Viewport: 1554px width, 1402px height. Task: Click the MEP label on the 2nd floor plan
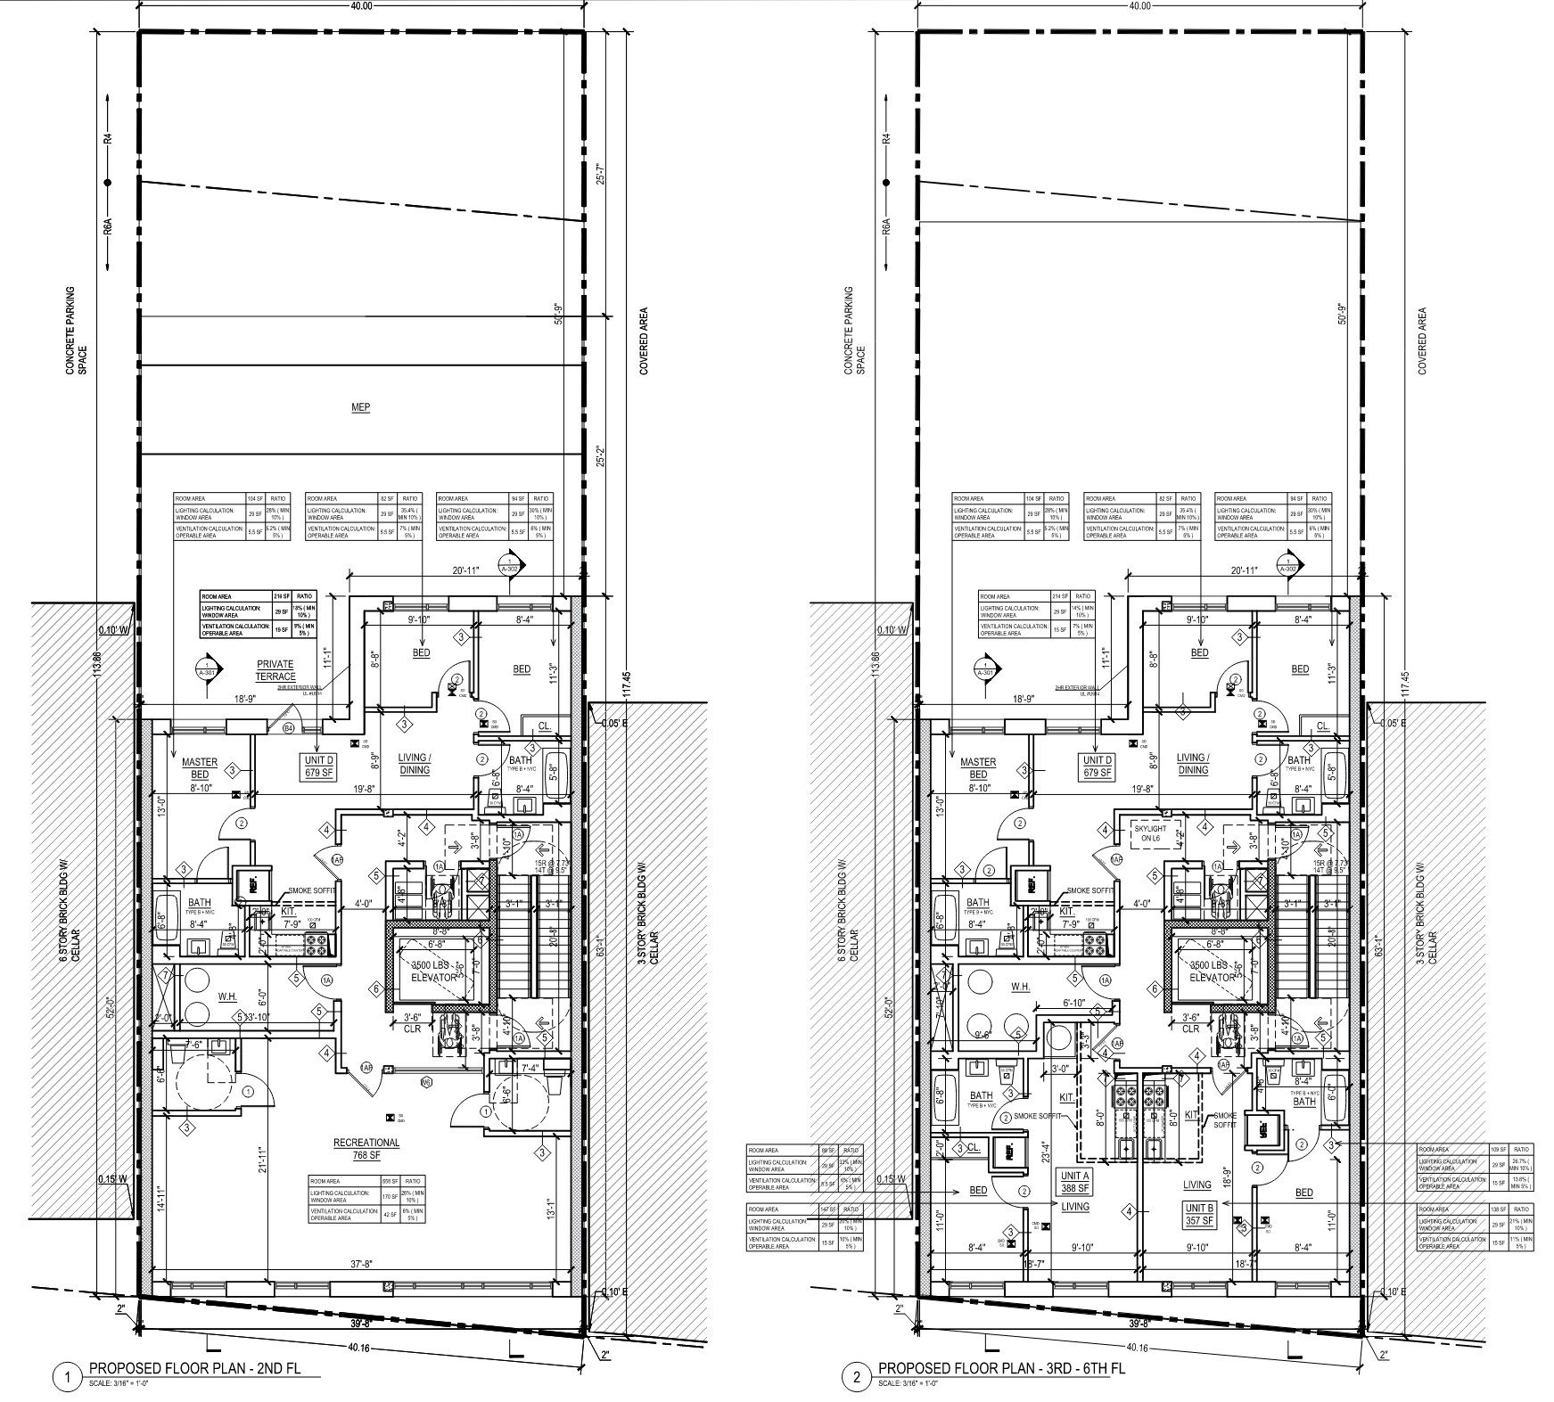360,407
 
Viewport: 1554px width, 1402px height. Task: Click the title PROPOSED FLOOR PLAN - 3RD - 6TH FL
1001,1368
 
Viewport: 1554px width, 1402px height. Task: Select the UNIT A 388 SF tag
1075,1182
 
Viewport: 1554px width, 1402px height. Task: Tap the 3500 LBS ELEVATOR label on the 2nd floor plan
433,972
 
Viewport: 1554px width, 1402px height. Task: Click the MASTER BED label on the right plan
978,768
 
